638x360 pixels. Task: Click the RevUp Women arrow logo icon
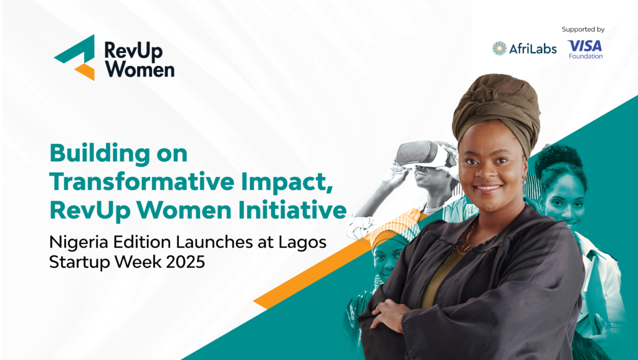75,57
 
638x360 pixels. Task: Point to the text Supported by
583,29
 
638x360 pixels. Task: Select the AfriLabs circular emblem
499,49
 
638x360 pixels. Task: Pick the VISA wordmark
584,45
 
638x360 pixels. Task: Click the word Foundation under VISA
585,57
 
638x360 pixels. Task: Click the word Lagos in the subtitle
304,242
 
